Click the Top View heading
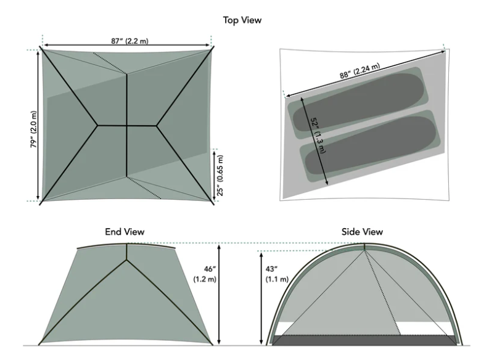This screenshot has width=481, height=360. click(242, 20)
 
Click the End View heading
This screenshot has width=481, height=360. click(125, 232)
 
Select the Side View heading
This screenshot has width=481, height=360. click(362, 232)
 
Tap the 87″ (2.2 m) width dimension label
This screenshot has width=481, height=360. click(129, 41)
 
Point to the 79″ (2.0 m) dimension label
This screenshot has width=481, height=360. click(33, 129)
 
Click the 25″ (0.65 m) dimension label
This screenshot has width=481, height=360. click(220, 176)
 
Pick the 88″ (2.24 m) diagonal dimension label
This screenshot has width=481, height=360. click(360, 71)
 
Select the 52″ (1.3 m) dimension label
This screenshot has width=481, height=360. click(318, 135)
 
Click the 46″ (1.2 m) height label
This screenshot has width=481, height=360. click(205, 274)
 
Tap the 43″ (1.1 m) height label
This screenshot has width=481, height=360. click(277, 274)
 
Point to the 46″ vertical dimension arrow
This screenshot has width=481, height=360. click(219, 294)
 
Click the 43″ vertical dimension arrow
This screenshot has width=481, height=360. click(261, 298)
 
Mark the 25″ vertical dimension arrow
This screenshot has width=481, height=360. click(214, 175)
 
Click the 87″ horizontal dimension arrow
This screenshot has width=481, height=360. click(126, 46)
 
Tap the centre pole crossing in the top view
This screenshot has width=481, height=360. click(126, 125)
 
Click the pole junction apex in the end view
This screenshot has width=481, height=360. click(126, 260)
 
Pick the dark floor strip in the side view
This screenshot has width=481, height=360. click(364, 340)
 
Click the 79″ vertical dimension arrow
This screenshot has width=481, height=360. click(38, 125)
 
